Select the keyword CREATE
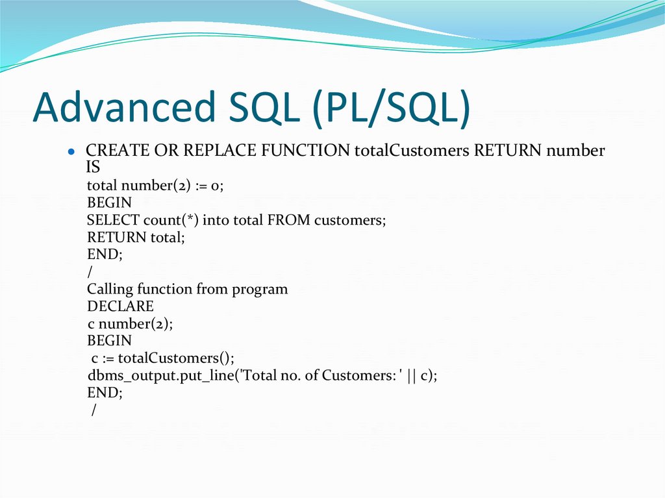[x=118, y=151]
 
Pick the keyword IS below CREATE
[x=94, y=168]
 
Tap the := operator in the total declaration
[x=199, y=186]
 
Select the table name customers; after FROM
[x=350, y=220]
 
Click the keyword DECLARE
[x=120, y=306]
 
